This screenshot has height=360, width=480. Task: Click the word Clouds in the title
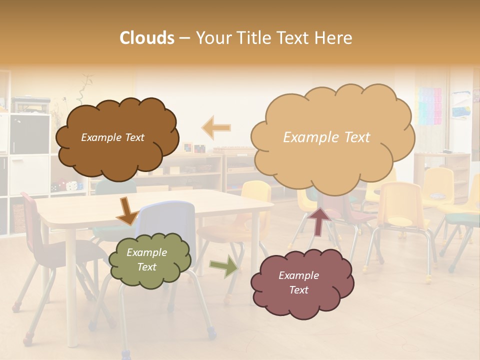click(147, 38)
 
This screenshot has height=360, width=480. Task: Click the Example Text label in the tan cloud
click(326, 137)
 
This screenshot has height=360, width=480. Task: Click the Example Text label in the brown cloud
click(112, 137)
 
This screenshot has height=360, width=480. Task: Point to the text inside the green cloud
click(146, 260)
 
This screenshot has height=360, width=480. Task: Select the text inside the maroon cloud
click(298, 282)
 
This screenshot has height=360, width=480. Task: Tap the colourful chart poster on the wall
click(429, 105)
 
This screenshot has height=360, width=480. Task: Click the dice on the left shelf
click(72, 185)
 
